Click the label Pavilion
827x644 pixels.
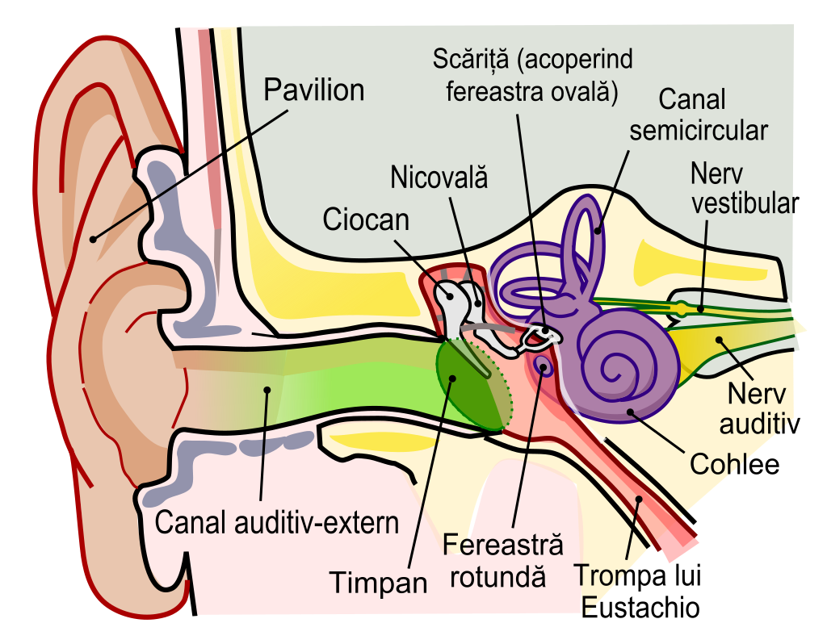[314, 90]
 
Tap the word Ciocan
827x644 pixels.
[366, 220]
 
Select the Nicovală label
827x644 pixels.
[439, 178]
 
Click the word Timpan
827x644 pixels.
[378, 582]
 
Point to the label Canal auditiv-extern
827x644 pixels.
[276, 523]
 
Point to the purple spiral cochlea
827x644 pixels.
[626, 363]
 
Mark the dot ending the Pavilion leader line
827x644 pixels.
[94, 238]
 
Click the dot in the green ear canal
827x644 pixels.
[267, 390]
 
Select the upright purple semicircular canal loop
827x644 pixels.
[583, 234]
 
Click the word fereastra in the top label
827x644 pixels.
[490, 91]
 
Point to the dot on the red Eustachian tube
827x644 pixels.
[639, 500]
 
